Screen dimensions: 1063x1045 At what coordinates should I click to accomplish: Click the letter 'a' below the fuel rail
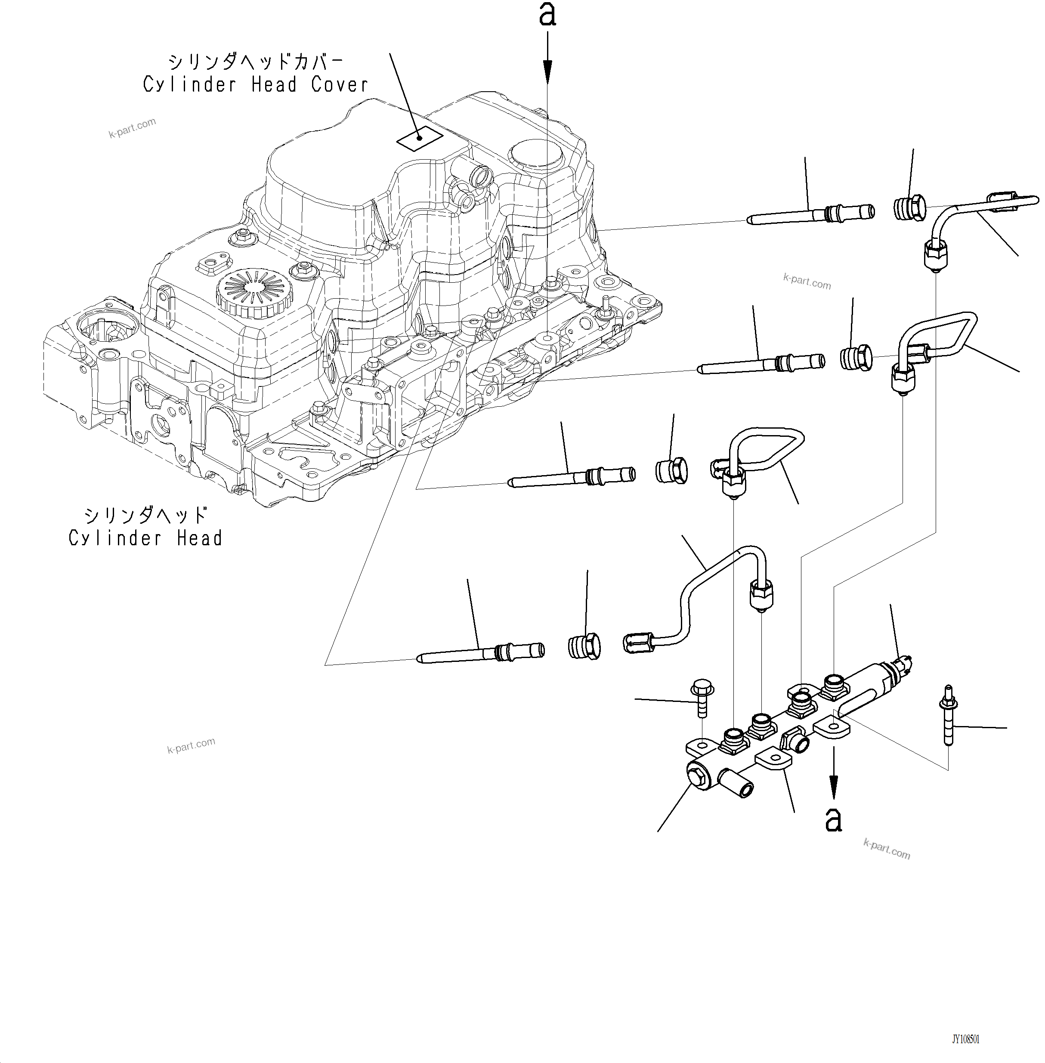click(x=833, y=820)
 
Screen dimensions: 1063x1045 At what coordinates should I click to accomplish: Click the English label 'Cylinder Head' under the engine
click(x=145, y=538)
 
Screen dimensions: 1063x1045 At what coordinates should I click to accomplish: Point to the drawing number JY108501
click(x=965, y=1039)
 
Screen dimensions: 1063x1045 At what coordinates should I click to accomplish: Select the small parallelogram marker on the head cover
click(x=420, y=140)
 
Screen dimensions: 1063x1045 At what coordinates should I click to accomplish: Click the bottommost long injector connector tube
click(x=480, y=653)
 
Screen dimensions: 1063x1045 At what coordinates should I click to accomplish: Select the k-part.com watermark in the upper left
click(x=132, y=127)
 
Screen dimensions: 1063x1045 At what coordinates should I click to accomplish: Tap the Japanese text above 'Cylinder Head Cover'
click(x=255, y=61)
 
